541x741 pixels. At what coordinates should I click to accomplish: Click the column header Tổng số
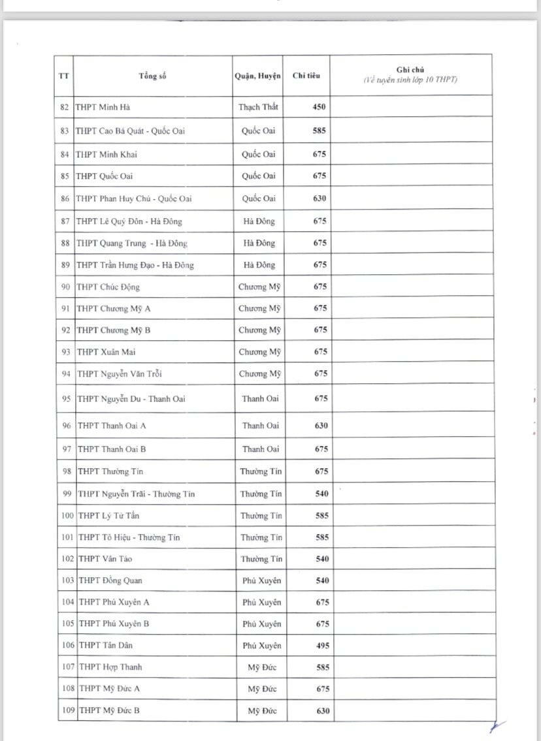(152, 76)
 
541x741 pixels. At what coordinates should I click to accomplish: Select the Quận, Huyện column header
(258, 76)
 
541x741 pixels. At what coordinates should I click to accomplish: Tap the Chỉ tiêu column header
(306, 76)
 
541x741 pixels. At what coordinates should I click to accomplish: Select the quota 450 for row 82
(319, 107)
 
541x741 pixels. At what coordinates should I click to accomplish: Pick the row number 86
(65, 198)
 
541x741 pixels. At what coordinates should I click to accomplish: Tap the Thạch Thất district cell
(258, 107)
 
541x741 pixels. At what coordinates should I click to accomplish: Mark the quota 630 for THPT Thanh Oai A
(321, 426)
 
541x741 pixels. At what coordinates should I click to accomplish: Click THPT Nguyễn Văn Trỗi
(119, 374)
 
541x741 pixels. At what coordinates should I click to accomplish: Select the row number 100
(68, 516)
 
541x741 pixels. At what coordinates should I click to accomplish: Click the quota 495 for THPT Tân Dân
(322, 646)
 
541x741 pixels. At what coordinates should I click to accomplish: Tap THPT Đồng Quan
(110, 580)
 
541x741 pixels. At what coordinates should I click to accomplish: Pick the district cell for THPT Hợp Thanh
(262, 667)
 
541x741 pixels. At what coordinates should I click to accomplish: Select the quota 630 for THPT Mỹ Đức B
(323, 711)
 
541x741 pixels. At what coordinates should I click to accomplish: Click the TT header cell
(63, 76)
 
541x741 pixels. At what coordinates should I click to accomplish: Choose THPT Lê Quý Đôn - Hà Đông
(129, 221)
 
